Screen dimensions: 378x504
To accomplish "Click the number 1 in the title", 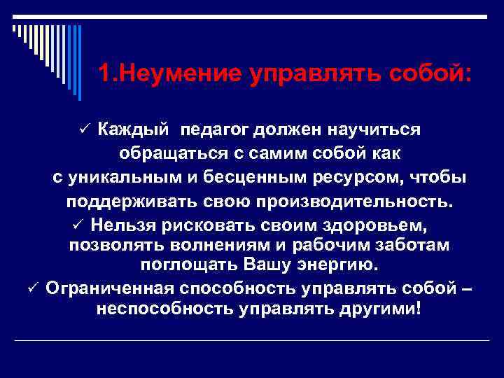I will click(x=104, y=73).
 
